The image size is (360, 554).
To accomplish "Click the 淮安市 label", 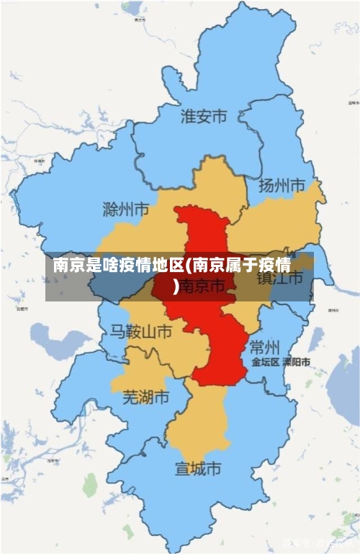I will pyautogui.click(x=203, y=116).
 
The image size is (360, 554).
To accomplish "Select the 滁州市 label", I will pyautogui.click(x=126, y=209).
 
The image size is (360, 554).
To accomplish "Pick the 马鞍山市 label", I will pyautogui.click(x=140, y=331).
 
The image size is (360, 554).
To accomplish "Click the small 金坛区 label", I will pyautogui.click(x=265, y=362).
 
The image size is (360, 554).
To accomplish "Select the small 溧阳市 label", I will pyautogui.click(x=296, y=362).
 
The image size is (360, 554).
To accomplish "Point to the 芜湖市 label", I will pyautogui.click(x=145, y=396).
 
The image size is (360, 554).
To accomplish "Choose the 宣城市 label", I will pyautogui.click(x=198, y=469).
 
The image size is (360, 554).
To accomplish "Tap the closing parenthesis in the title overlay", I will pyautogui.click(x=177, y=288).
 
